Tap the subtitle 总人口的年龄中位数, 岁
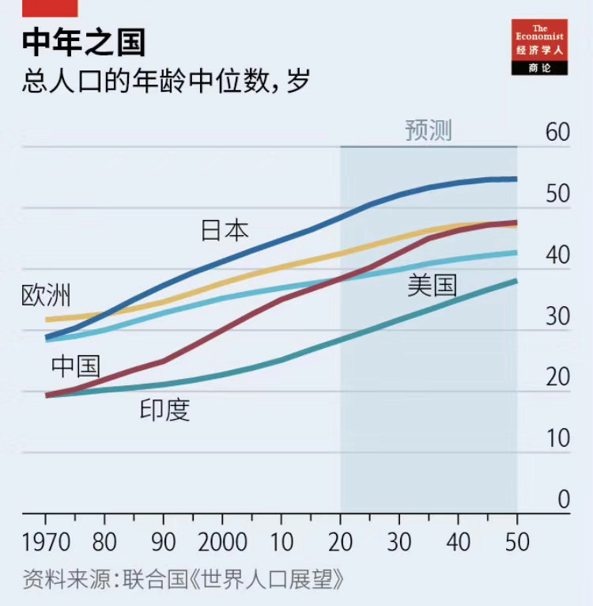[x=165, y=81]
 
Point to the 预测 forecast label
[x=428, y=131]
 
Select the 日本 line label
[x=225, y=230]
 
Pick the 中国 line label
[x=76, y=366]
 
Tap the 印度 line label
[x=165, y=409]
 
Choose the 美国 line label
[x=432, y=285]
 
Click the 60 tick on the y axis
[x=557, y=132]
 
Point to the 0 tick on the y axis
[x=563, y=499]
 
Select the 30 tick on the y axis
[x=557, y=316]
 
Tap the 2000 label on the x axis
[x=222, y=543]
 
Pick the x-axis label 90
[x=163, y=543]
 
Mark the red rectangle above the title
[x=49, y=8]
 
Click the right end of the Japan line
[x=516, y=179]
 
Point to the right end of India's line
[x=516, y=281]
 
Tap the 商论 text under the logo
[x=540, y=68]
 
